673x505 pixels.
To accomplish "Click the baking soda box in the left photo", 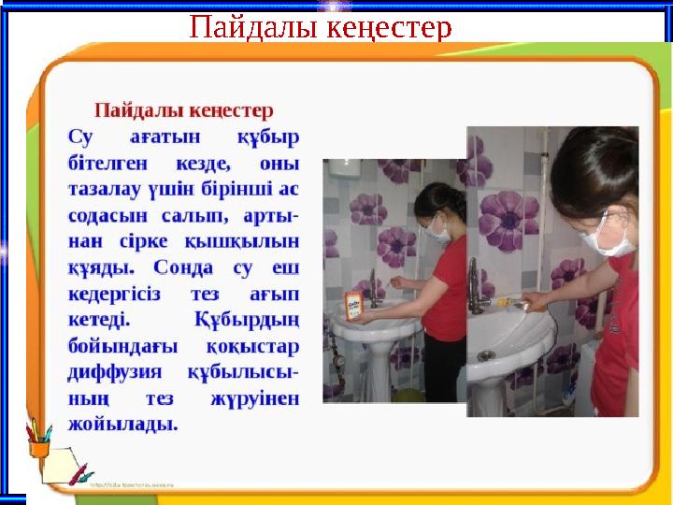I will tap(353, 306).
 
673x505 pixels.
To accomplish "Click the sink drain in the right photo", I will tap(485, 355).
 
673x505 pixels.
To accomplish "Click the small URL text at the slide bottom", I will tap(138, 486).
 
